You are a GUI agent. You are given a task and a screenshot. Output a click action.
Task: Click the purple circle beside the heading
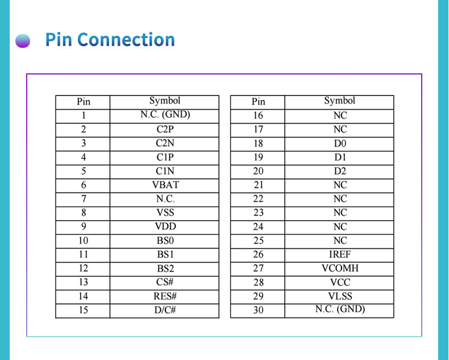point(23,41)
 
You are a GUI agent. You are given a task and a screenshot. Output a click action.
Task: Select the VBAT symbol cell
point(165,185)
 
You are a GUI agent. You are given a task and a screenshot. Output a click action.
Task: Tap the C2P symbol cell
point(165,129)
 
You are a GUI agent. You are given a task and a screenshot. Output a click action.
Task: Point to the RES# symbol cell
point(165,296)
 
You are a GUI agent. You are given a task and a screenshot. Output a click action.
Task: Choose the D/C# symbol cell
point(165,311)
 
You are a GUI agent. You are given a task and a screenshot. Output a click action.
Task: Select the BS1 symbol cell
point(165,255)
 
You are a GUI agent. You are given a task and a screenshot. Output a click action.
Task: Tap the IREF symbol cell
point(340,255)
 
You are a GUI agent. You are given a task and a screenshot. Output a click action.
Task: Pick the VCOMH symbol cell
point(340,268)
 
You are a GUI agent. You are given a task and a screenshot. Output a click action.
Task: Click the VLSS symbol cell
point(340,296)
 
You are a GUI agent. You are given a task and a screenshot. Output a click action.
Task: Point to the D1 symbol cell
point(340,157)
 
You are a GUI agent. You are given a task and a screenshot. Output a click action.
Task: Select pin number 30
point(258,311)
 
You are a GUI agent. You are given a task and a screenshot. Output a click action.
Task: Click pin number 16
point(258,115)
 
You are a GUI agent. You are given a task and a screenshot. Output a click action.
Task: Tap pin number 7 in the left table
point(83,199)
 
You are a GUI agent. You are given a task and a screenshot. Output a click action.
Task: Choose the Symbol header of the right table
point(340,101)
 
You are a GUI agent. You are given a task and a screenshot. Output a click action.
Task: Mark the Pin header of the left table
point(83,102)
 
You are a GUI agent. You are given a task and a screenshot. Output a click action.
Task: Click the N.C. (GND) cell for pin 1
point(165,115)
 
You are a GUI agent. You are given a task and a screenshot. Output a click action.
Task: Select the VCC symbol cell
point(340,283)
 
